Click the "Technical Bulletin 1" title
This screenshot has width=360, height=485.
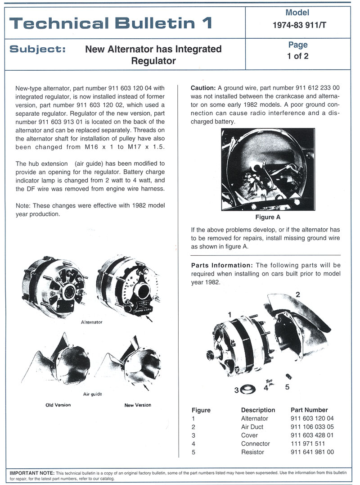point(110,23)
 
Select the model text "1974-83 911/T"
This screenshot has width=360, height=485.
point(297,26)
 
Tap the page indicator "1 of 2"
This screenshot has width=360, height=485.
point(297,56)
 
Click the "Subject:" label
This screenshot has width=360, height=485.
point(37,49)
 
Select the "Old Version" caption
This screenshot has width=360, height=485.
point(58,405)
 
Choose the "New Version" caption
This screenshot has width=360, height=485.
point(138,405)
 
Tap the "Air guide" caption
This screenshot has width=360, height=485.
point(93,394)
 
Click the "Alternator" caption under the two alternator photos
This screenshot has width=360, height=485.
point(91,322)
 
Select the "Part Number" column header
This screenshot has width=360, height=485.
point(309,410)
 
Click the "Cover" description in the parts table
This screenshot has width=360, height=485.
point(250,435)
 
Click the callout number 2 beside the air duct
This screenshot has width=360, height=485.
point(297,294)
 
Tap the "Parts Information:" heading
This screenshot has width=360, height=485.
point(221,265)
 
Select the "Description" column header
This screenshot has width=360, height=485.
point(258,410)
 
